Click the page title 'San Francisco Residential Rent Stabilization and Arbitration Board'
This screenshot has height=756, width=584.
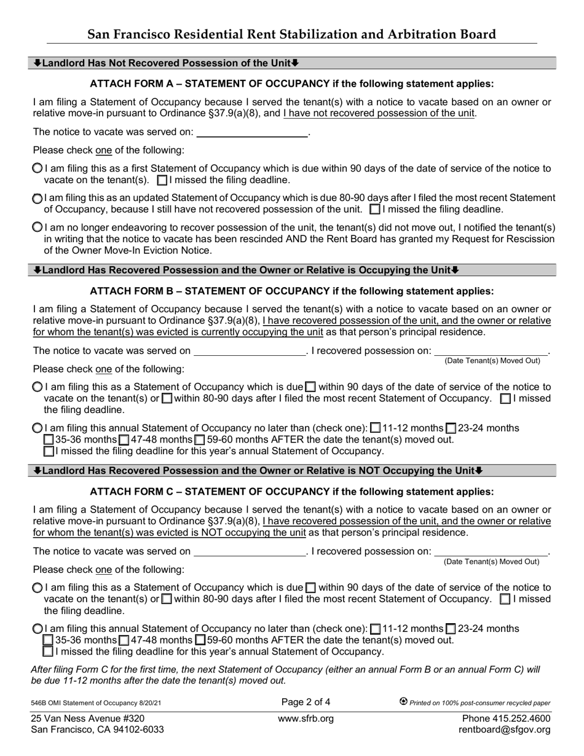(291, 34)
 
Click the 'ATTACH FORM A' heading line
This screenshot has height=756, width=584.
(291, 84)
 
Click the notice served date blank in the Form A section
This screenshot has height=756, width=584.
(251, 132)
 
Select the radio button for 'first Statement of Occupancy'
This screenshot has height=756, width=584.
(37, 168)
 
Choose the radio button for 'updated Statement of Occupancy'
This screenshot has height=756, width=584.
(37, 199)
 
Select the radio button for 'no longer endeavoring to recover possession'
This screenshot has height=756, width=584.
(37, 227)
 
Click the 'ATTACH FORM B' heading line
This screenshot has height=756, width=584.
(291, 291)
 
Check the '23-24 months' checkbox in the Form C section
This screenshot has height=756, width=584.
(451, 629)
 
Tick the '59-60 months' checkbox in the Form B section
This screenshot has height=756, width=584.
(200, 440)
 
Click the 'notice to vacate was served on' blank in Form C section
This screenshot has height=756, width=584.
(249, 551)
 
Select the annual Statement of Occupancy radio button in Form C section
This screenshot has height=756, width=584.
(37, 629)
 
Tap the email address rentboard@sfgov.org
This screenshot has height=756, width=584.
(505, 730)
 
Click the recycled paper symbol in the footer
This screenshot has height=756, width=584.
(404, 702)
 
